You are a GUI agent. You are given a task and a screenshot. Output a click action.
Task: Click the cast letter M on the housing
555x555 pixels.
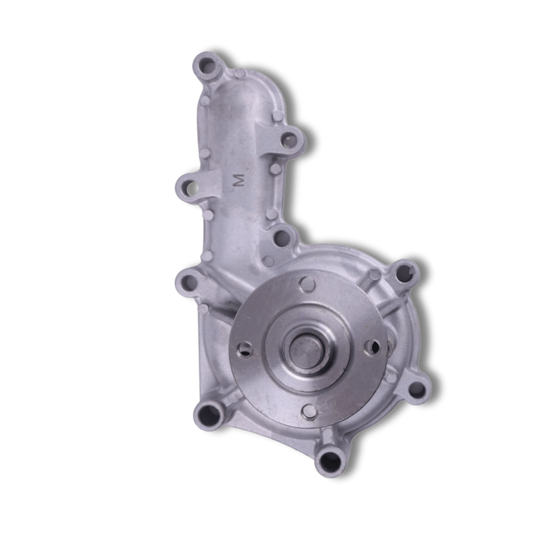point(239,180)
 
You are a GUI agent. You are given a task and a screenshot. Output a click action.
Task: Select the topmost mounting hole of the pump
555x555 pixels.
point(206,67)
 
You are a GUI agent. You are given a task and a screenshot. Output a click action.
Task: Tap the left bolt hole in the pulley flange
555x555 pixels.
point(244,350)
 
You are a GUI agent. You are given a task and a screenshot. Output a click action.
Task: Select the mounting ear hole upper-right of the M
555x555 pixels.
point(290,141)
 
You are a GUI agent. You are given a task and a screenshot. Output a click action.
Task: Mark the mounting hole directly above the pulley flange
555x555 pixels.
point(282,238)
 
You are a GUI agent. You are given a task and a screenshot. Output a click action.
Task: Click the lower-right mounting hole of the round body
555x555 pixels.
point(417,389)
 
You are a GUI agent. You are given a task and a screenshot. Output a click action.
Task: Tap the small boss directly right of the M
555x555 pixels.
point(275,169)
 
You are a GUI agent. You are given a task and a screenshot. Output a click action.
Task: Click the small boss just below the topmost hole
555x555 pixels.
point(205,101)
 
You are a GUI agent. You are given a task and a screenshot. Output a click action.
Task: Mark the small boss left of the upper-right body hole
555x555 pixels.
point(375,275)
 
